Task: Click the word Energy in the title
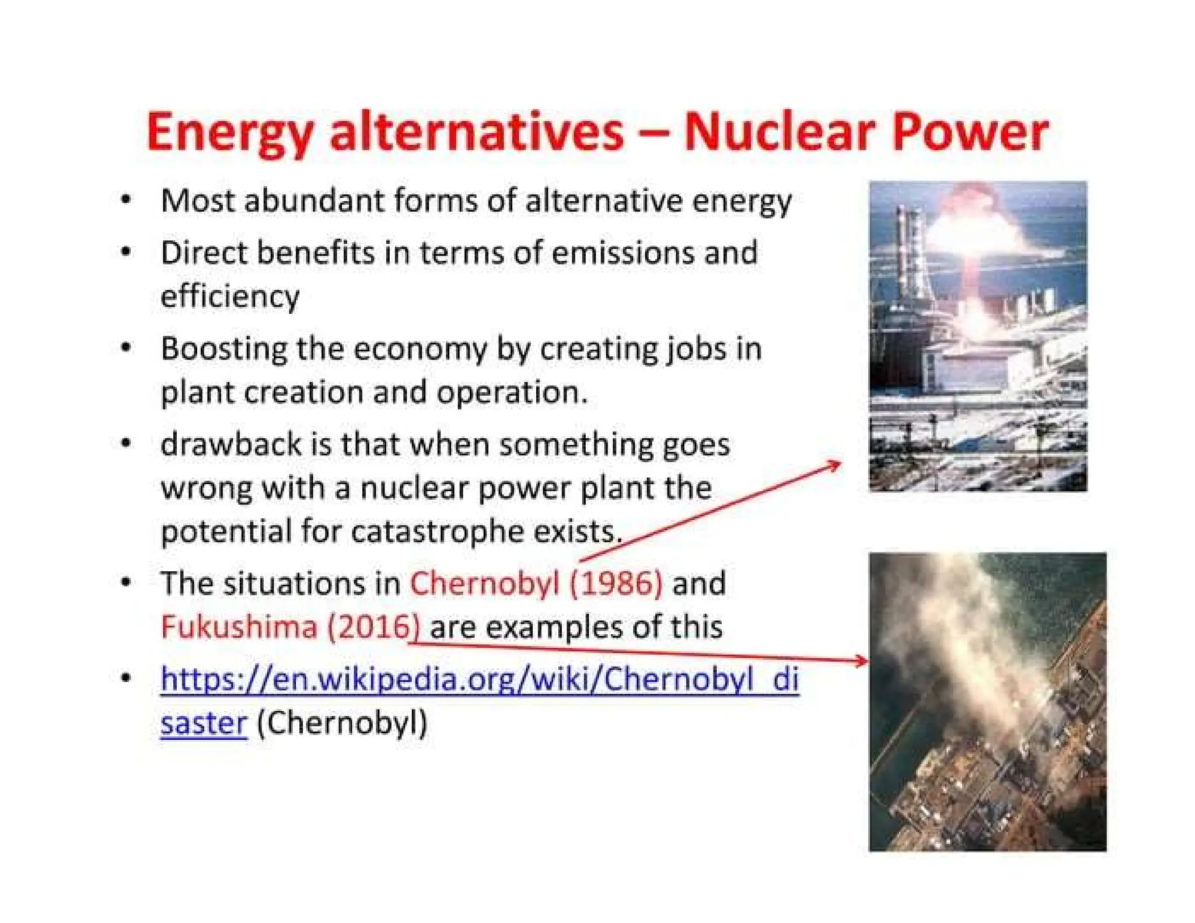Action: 229,133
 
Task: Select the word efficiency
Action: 230,296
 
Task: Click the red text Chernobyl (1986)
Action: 536,583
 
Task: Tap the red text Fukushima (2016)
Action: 290,627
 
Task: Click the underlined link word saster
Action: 204,723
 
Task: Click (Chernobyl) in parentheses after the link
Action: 342,723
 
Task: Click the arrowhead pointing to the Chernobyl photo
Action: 836,464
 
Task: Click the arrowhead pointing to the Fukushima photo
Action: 862,660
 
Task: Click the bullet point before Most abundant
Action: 125,200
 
